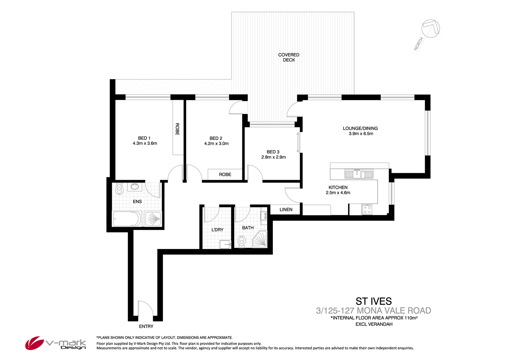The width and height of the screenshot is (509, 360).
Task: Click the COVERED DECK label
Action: click(x=289, y=57)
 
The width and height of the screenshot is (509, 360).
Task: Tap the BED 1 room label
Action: click(x=144, y=138)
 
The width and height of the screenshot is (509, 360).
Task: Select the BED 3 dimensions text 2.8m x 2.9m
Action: click(x=274, y=157)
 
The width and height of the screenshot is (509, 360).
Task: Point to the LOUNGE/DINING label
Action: click(x=360, y=128)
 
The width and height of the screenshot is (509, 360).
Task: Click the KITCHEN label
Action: click(x=338, y=187)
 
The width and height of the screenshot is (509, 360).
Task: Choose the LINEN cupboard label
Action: click(x=286, y=210)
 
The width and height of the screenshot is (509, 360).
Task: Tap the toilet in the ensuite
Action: click(x=119, y=189)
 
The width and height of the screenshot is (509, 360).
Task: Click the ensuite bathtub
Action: click(x=127, y=219)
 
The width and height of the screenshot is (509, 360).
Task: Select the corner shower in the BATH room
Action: click(x=260, y=239)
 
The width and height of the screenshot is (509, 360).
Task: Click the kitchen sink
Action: click(x=359, y=174)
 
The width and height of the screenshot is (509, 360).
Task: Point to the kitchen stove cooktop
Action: click(x=367, y=210)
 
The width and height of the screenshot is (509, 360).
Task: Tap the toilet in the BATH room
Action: click(x=242, y=241)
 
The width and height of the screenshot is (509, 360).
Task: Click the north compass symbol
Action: click(x=431, y=29)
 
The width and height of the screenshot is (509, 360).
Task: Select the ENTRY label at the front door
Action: click(x=146, y=326)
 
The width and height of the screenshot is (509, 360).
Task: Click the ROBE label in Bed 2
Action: click(x=225, y=175)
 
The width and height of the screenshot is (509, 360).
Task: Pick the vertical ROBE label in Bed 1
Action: click(x=177, y=129)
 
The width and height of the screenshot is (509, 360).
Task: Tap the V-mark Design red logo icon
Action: click(x=35, y=343)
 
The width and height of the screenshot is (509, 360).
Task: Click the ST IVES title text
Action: click(x=374, y=301)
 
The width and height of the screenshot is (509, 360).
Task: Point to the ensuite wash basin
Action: click(x=135, y=187)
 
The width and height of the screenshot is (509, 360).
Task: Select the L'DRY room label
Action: click(x=218, y=230)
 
